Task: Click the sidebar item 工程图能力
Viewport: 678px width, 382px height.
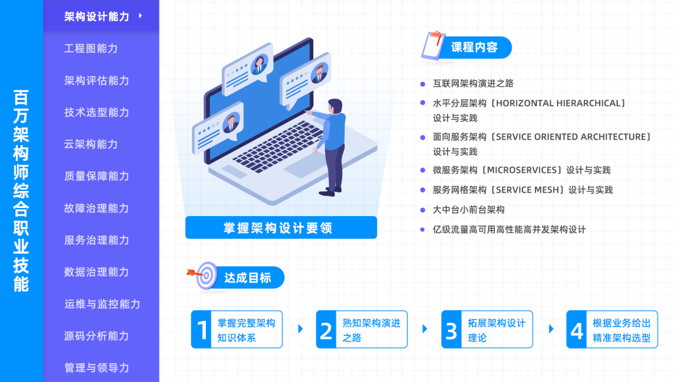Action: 91,48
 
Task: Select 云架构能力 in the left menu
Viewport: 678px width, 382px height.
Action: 91,145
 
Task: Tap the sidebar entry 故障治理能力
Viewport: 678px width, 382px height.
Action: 96,208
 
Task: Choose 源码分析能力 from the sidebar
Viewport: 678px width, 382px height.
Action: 96,336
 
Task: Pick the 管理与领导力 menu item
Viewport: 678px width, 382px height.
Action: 96,368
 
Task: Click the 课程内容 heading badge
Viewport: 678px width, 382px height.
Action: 475,47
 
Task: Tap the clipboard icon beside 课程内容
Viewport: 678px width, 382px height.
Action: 433,46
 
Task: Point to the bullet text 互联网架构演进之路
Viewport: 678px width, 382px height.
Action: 473,83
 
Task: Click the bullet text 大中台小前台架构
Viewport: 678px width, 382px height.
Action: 469,210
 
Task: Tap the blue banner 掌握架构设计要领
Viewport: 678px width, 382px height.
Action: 281,227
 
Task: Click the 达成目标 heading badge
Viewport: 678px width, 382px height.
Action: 248,277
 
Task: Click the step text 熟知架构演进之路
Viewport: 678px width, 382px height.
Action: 371,330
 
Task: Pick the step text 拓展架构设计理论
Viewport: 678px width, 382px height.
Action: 497,330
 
